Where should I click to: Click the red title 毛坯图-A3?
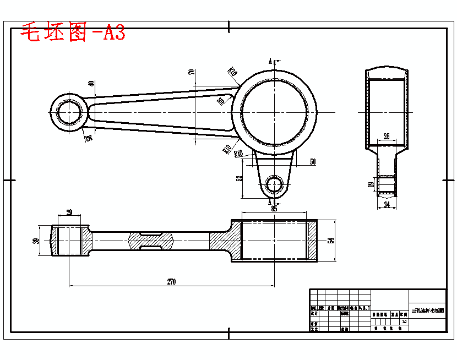(73, 33)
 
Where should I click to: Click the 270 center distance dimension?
(171, 282)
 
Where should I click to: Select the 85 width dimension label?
(274, 209)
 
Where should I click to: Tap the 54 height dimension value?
(330, 241)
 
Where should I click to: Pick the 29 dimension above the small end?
(69, 212)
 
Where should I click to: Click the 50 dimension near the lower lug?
(313, 162)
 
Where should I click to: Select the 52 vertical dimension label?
(239, 179)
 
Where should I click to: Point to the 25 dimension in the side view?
(386, 136)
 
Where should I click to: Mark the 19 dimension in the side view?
(370, 185)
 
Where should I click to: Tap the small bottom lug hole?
(273, 185)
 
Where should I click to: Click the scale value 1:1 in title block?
(405, 321)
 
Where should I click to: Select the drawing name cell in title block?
(427, 310)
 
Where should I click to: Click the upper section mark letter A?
(270, 61)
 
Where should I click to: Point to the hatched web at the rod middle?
(150, 240)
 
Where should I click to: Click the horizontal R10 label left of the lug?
(238, 154)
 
